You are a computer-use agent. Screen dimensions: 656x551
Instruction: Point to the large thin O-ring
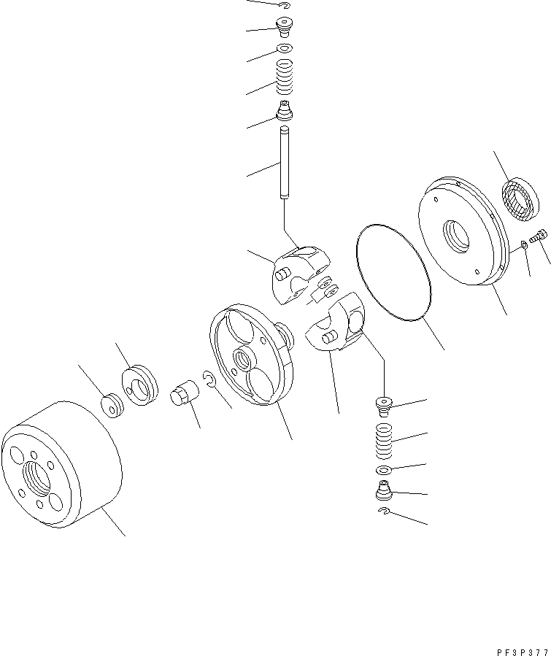click(393, 271)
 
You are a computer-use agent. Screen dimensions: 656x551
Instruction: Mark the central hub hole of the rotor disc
click(241, 358)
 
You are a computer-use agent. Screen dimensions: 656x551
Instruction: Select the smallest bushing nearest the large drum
click(112, 404)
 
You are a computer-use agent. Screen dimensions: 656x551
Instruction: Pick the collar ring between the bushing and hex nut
click(139, 384)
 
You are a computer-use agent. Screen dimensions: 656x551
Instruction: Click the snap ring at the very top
click(285, 7)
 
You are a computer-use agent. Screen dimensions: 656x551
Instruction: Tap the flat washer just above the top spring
click(284, 49)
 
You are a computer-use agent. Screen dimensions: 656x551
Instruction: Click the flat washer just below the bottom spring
click(384, 469)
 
